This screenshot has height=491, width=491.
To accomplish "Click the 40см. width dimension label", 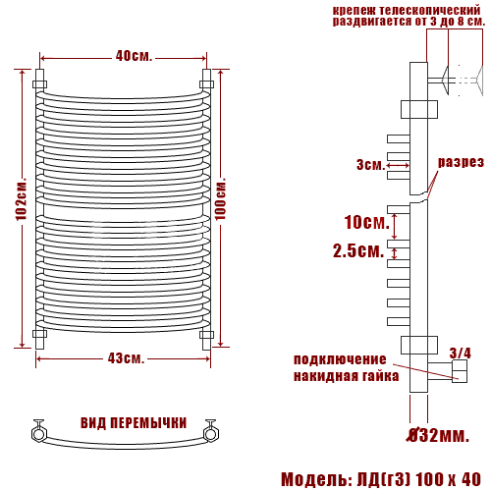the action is click(x=134, y=56).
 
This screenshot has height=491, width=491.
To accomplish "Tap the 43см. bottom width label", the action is click(x=126, y=358).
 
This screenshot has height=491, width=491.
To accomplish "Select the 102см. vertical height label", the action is click(x=22, y=199).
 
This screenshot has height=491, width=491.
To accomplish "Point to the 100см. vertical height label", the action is click(x=220, y=199).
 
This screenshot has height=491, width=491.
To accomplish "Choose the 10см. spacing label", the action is click(x=367, y=222).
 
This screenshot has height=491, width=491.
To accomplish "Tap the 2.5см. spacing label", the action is click(x=358, y=251).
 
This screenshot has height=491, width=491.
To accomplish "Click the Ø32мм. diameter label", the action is click(x=439, y=436).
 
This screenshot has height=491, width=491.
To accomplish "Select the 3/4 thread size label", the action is click(x=461, y=354).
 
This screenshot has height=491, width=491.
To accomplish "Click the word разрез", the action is click(x=461, y=162).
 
